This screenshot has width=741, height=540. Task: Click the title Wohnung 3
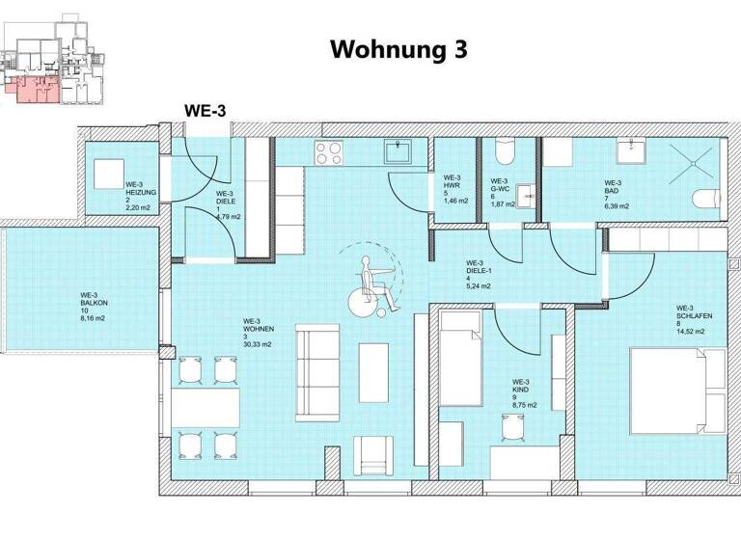tap(398, 50)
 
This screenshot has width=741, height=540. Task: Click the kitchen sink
tap(397, 151)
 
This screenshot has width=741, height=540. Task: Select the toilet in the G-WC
tap(504, 154)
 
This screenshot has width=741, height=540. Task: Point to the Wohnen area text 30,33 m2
tap(257, 340)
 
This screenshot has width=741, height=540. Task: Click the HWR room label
tap(451, 186)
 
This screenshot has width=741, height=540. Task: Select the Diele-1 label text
tap(476, 271)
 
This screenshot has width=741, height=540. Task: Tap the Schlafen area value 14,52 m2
tap(691, 333)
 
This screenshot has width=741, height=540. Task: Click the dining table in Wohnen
tap(206, 406)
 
